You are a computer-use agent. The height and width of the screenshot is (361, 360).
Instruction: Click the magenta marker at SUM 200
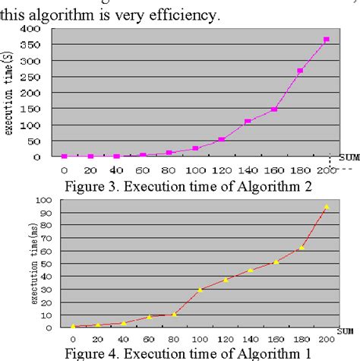click(327, 40)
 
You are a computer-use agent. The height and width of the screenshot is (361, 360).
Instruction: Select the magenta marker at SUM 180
click(300, 71)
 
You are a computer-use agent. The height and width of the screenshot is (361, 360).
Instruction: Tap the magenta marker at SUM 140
click(248, 121)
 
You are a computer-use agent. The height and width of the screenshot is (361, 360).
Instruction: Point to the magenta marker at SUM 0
click(64, 156)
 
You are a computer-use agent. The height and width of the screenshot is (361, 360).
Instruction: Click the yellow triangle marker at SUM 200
click(327, 206)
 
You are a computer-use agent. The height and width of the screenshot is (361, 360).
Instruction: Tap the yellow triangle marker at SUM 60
click(150, 316)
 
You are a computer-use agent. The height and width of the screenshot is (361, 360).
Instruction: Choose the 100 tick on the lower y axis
click(43, 200)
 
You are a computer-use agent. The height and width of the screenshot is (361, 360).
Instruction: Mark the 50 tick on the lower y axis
click(46, 263)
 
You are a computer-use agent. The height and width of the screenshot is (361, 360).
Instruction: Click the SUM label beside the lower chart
click(344, 329)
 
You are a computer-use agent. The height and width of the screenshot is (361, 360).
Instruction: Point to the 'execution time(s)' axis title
click(10, 92)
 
